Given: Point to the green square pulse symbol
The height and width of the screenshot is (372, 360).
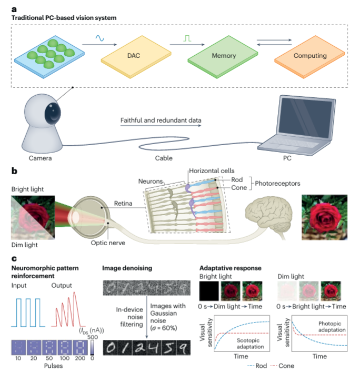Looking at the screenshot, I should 187,38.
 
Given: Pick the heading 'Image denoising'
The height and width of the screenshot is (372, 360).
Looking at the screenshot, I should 128,268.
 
